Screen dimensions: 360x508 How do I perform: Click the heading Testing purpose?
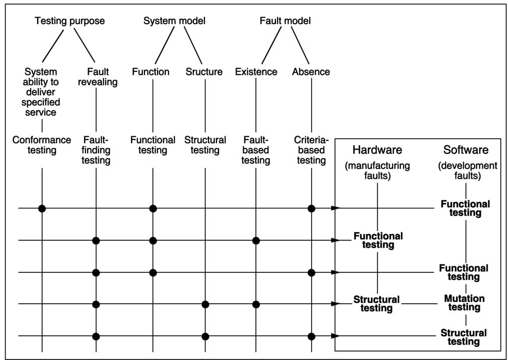[x=69, y=21]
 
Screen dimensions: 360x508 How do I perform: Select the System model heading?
[x=174, y=21]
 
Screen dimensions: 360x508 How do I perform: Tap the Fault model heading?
[x=285, y=21]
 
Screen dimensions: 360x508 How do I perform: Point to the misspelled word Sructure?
[x=204, y=71]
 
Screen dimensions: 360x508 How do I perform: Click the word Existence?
[x=256, y=71]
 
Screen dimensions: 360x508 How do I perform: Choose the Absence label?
[x=311, y=71]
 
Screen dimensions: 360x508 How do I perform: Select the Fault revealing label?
[x=98, y=77]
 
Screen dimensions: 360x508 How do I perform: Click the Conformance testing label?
[x=42, y=145]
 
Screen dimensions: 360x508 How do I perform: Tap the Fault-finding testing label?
[x=97, y=150]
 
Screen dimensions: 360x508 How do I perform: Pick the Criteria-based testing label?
[x=311, y=150]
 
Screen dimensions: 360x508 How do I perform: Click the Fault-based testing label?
[x=256, y=150]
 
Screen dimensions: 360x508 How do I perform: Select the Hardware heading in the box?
[x=377, y=150]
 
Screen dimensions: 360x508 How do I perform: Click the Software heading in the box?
[x=466, y=150]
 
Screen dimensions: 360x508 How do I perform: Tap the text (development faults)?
[x=468, y=170]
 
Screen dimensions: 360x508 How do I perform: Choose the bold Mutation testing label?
[x=464, y=303]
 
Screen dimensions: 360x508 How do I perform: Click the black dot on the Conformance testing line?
[x=42, y=208]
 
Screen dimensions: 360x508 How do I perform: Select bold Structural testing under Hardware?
[x=377, y=304]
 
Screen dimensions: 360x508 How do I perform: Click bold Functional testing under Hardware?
[x=378, y=240]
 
